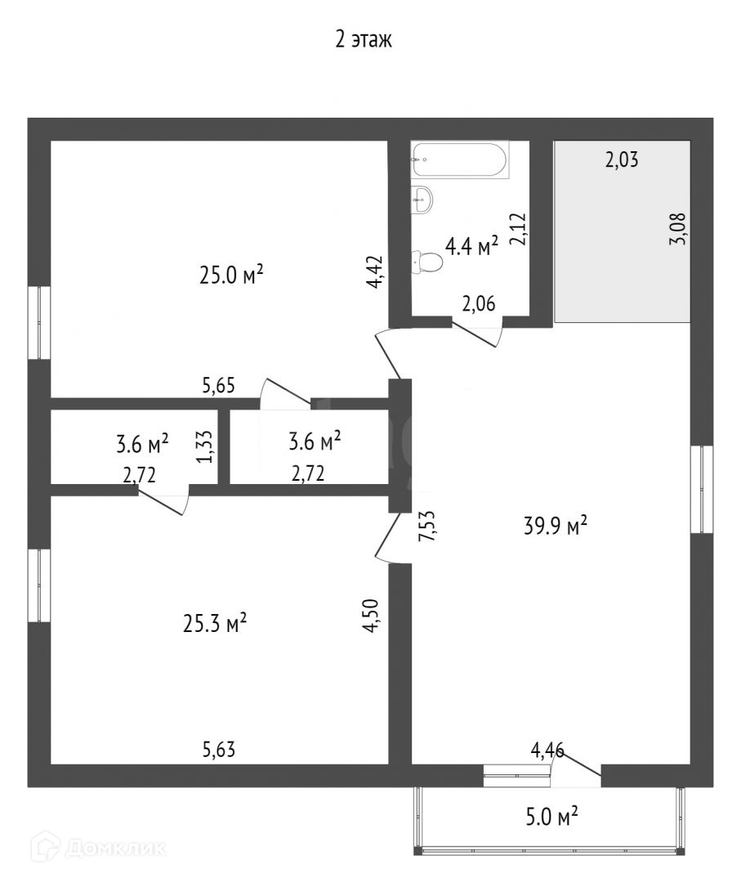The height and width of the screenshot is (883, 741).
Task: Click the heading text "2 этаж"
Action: point(364,40)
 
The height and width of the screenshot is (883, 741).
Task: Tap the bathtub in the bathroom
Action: point(460,160)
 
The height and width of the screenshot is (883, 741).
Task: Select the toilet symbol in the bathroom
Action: point(427,262)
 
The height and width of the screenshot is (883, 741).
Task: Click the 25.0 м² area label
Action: point(232,276)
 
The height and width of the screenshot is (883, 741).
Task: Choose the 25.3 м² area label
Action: point(215,625)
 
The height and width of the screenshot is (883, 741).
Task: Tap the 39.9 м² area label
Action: point(556,527)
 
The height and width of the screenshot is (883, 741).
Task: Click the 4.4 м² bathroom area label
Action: point(471,246)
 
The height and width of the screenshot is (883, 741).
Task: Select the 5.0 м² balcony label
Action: point(552,815)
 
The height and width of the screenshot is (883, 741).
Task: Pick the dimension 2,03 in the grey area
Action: point(621,160)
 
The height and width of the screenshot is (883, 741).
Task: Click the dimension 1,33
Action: point(207,446)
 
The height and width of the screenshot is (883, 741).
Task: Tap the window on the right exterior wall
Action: point(702,489)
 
